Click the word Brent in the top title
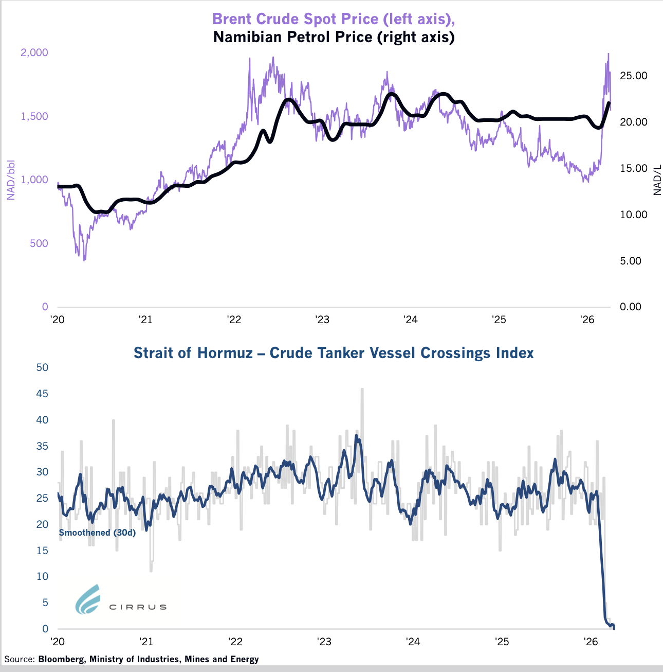[x=231, y=19]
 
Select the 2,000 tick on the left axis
[x=34, y=52]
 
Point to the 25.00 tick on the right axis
[x=634, y=76]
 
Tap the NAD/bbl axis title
[x=10, y=180]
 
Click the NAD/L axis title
[x=657, y=180]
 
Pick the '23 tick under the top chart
[x=322, y=320]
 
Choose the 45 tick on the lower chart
[x=42, y=394]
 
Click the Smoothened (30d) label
[x=97, y=533]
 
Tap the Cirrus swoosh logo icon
[x=87, y=599]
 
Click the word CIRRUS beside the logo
[x=138, y=607]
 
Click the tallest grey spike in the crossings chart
[x=362, y=390]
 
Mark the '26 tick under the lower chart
[x=590, y=642]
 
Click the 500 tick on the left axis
[x=39, y=243]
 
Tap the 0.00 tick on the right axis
[x=631, y=307]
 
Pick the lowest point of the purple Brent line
[x=84, y=260]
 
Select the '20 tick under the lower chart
[x=57, y=642]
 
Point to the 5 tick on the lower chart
[x=45, y=603]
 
